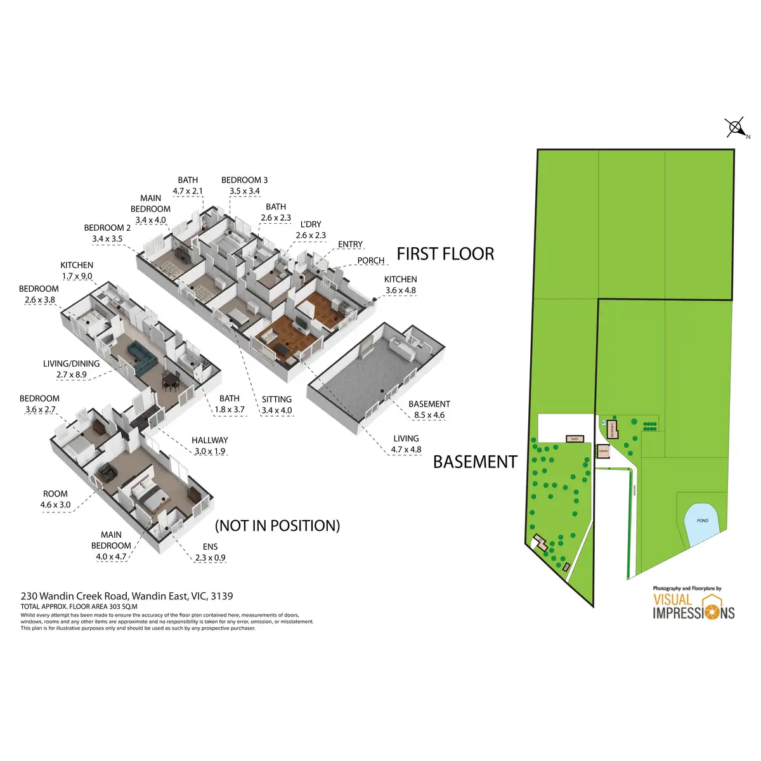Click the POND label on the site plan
click(x=703, y=521)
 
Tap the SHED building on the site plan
click(x=575, y=439)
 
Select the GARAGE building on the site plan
click(x=603, y=452)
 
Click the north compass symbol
click(x=736, y=128)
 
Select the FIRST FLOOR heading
click(x=445, y=254)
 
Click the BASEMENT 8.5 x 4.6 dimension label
click(x=429, y=410)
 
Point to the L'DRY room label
click(x=311, y=230)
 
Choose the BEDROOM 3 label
click(x=244, y=185)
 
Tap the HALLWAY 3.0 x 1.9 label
click(x=210, y=446)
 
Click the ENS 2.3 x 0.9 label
click(x=210, y=552)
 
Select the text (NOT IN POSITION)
click(x=278, y=526)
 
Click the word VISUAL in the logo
click(x=673, y=599)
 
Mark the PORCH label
click(x=371, y=261)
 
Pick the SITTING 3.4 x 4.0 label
click(x=276, y=405)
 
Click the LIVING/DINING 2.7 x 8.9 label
click(x=71, y=369)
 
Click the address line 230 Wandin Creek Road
click(x=127, y=596)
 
